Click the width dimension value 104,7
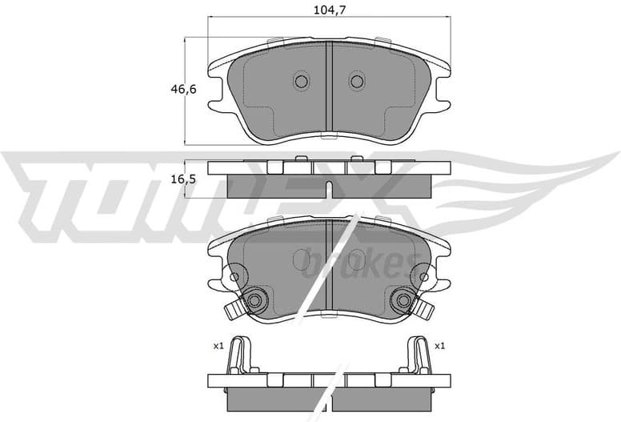tap(329, 10)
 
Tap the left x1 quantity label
tap(217, 346)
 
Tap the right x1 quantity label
tap(439, 346)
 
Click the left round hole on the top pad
tap(301, 81)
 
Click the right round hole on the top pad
tap(357, 81)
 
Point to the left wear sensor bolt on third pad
tap(254, 300)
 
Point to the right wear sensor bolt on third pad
tap(403, 300)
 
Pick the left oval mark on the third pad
tap(302, 259)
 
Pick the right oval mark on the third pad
tap(356, 259)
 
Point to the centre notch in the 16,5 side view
tap(329, 189)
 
